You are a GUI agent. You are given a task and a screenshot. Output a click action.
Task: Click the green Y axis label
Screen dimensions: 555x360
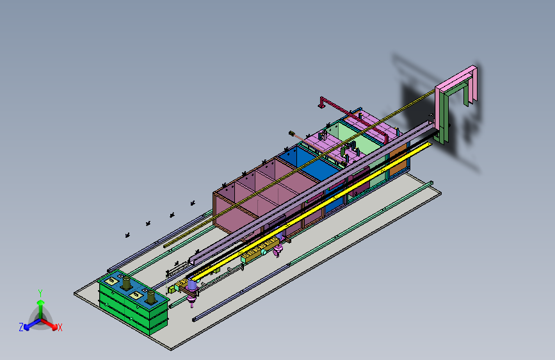point(40,293)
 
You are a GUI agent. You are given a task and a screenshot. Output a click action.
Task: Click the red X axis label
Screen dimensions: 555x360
point(60,327)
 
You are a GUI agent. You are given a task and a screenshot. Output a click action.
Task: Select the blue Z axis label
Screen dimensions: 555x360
point(21,327)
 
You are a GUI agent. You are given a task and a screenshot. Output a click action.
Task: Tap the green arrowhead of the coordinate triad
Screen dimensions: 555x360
point(41,302)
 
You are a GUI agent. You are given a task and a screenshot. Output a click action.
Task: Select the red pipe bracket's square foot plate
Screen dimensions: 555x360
point(321,106)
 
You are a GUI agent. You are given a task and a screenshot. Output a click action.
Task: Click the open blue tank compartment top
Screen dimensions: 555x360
point(307,161)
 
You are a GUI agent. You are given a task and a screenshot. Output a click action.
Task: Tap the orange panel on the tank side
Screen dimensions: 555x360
point(398,160)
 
